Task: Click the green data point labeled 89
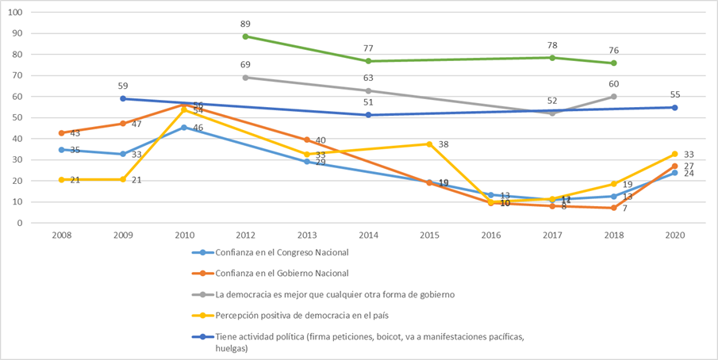(x=246, y=36)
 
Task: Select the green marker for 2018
(x=614, y=63)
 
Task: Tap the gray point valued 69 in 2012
(x=246, y=78)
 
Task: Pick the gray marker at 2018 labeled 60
(x=614, y=97)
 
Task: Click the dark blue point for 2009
(x=123, y=98)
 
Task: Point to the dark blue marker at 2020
(x=675, y=107)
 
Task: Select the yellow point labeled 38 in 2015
(x=430, y=144)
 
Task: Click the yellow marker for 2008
(x=62, y=179)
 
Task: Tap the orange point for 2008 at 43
(x=62, y=133)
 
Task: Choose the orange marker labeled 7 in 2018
(x=614, y=208)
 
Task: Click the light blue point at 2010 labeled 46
(x=184, y=127)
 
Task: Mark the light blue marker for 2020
(x=675, y=173)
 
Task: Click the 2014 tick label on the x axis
(x=368, y=236)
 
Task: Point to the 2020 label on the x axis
(x=675, y=236)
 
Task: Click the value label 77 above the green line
(x=368, y=48)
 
